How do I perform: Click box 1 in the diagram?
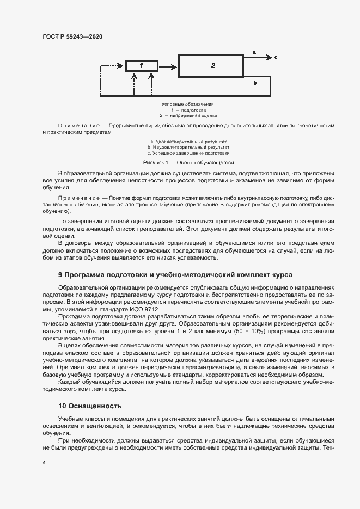point(141,66)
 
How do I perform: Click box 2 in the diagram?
point(213,66)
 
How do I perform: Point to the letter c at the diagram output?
point(276,57)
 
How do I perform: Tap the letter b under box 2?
point(255,82)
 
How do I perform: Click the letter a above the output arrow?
point(254,52)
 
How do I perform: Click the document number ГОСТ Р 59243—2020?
point(72,36)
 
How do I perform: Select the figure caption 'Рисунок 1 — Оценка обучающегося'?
point(188,162)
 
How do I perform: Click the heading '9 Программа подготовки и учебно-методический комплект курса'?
point(175,275)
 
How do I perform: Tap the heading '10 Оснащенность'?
point(90,406)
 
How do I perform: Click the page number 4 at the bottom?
point(44,463)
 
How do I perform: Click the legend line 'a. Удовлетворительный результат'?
point(188,141)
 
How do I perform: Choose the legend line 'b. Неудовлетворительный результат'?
point(188,147)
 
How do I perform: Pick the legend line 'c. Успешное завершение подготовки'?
point(188,153)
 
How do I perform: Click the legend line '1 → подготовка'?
point(188,109)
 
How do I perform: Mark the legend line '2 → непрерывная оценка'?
point(188,115)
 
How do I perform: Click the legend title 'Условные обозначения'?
point(188,103)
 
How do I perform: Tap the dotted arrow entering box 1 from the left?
point(112,66)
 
